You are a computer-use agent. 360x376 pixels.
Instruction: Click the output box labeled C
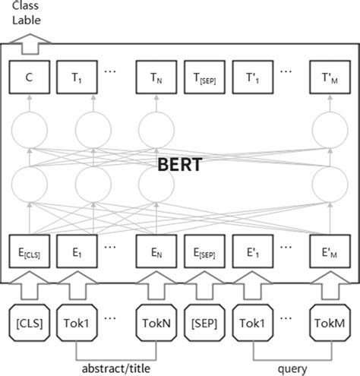(x=28, y=77)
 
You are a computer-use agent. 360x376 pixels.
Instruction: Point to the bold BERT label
(x=179, y=166)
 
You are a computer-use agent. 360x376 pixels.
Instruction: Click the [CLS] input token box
(x=28, y=322)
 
